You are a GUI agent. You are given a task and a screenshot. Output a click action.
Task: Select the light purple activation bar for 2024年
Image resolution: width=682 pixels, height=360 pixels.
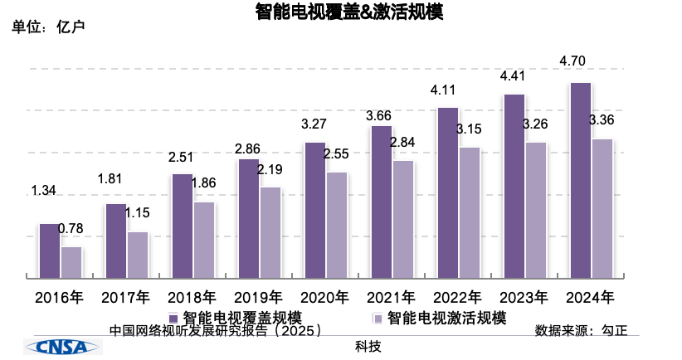[x=602, y=208]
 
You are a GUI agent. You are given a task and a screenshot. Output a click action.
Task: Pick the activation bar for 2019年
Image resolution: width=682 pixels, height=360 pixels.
[x=270, y=232]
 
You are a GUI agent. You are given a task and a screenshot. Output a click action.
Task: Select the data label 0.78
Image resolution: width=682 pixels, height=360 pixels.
[x=71, y=230]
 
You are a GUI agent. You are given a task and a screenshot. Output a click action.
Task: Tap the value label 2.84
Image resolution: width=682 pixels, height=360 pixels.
[x=403, y=143]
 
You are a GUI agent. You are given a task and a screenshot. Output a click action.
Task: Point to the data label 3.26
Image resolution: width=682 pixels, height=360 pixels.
[x=535, y=124]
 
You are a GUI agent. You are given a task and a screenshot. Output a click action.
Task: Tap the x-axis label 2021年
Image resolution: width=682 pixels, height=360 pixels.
[x=391, y=297]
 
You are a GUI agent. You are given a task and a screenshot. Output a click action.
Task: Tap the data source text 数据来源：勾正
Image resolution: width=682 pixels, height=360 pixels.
[x=581, y=330]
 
